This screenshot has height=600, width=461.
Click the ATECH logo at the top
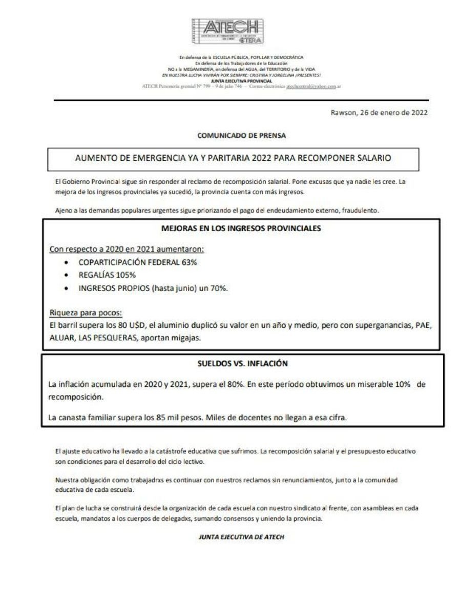click(x=230, y=32)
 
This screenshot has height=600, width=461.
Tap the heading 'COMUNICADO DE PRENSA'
click(x=241, y=136)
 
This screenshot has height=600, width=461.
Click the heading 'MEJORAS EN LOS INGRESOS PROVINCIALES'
click(x=241, y=229)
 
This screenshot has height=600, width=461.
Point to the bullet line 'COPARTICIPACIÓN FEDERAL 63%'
click(x=137, y=262)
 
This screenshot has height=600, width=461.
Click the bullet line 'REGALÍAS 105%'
click(x=103, y=275)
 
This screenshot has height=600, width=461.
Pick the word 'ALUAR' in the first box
click(x=60, y=339)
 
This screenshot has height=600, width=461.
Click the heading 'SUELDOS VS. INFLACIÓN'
click(x=243, y=364)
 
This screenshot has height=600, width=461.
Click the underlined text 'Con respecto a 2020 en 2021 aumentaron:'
click(x=127, y=249)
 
